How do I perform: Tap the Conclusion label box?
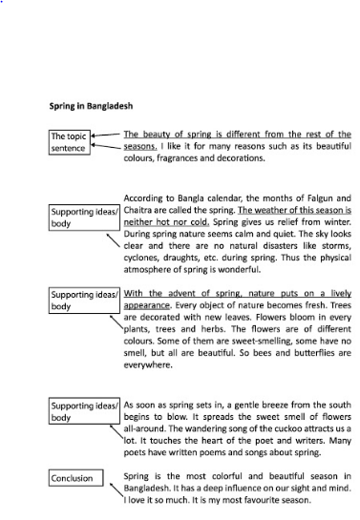pos(73,478)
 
